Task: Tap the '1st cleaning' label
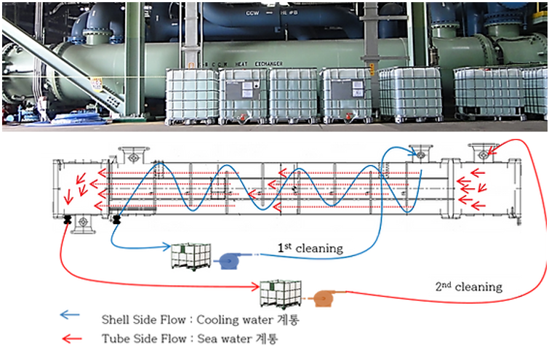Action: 310,249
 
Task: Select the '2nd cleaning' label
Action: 470,287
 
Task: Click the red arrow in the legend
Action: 71,337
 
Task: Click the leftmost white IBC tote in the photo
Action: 191,95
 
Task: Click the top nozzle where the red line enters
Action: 481,154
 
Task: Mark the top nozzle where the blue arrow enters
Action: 420,154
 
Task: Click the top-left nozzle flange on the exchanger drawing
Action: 131,154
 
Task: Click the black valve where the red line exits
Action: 68,219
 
